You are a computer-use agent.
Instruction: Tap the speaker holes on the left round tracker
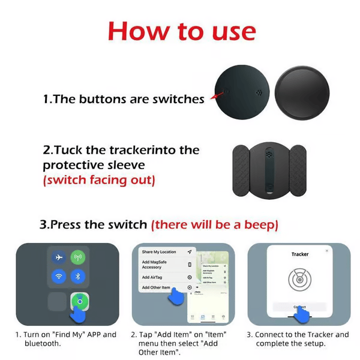(258, 92)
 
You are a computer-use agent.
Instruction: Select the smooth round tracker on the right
(302, 92)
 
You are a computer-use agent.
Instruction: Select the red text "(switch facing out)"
(98, 179)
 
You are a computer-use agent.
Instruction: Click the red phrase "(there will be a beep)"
(214, 225)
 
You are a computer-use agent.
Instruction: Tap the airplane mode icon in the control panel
(59, 257)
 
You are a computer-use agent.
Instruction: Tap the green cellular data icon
(78, 257)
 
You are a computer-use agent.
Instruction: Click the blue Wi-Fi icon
(59, 277)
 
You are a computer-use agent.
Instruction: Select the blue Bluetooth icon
(78, 277)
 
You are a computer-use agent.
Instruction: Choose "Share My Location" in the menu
(159, 251)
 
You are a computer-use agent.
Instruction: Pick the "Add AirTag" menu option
(154, 277)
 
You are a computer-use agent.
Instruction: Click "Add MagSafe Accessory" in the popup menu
(156, 265)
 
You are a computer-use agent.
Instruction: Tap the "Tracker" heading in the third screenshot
(299, 254)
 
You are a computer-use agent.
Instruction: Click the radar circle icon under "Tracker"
(299, 280)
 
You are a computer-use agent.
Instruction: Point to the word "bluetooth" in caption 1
(43, 344)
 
